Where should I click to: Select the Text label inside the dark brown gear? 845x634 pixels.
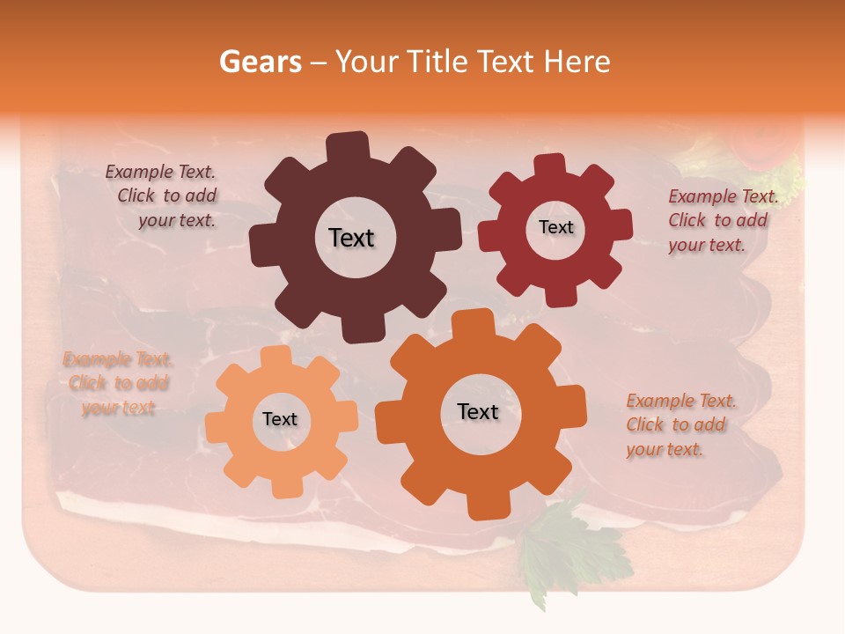click(352, 238)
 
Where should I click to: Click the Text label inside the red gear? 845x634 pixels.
click(555, 227)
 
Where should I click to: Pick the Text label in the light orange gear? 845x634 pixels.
click(280, 419)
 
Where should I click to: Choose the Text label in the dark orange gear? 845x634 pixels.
click(478, 411)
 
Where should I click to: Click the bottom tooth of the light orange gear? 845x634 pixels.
click(283, 486)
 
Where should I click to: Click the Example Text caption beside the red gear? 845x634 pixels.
click(722, 220)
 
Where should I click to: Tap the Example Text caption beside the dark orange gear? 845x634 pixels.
click(680, 424)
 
